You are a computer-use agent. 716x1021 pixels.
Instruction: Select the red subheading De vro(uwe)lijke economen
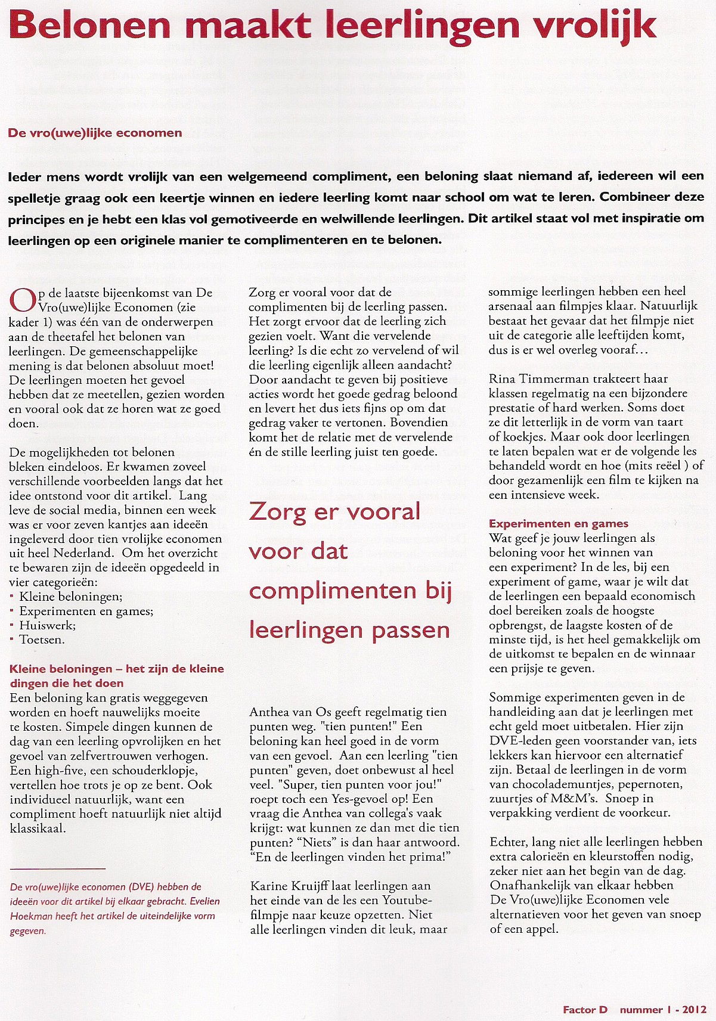(95, 133)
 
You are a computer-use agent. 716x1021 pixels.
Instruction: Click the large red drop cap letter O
(22, 300)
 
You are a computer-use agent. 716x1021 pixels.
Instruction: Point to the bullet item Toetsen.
(42, 640)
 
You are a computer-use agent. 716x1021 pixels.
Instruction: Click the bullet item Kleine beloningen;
(71, 597)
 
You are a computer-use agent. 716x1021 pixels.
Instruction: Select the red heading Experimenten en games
(559, 523)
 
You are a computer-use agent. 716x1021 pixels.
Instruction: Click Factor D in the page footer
(584, 1010)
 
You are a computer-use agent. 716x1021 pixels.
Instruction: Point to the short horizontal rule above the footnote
(57, 869)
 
